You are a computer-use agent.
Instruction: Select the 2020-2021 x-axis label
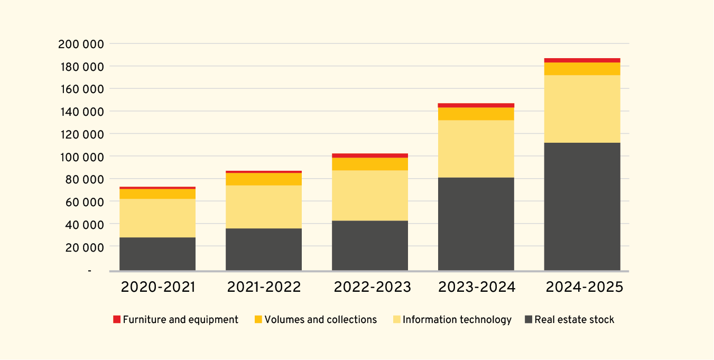157,287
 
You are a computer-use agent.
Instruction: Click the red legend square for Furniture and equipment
117,320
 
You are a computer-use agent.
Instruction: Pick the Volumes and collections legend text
320,320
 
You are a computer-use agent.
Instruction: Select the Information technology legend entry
457,320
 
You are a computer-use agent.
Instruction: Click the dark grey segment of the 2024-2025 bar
582,206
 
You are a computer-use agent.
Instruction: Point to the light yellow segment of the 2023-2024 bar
476,149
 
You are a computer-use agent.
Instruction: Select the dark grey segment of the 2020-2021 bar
157,254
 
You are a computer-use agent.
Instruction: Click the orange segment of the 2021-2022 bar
263,179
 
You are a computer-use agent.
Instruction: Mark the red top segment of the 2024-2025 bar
582,60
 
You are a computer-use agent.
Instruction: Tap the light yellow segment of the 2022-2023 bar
369,196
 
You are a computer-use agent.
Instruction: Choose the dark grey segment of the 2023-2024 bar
476,224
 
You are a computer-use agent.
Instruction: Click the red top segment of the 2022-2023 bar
369,155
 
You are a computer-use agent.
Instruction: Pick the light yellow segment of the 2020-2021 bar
157,218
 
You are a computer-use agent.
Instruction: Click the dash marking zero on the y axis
89,271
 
